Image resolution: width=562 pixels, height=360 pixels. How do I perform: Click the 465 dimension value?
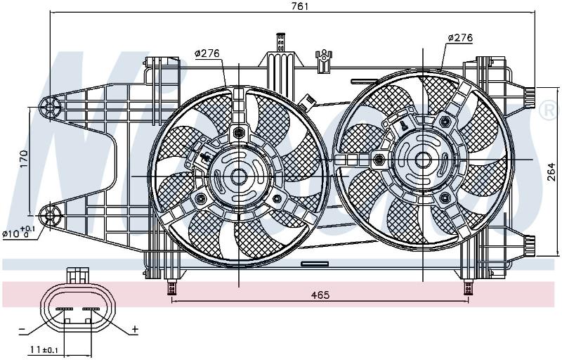[320, 295]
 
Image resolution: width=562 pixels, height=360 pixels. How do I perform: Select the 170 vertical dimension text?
[24, 158]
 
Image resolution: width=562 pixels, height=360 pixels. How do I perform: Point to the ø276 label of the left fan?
[207, 53]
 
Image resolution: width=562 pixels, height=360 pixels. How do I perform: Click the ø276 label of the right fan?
[461, 37]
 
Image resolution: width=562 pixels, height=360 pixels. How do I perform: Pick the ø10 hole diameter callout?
[19, 233]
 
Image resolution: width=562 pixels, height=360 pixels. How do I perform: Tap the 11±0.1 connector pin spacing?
[44, 349]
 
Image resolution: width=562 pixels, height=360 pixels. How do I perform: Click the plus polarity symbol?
[135, 329]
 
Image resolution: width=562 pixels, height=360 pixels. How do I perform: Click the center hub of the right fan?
[424, 160]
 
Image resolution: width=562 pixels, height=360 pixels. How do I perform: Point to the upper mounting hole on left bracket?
[50, 106]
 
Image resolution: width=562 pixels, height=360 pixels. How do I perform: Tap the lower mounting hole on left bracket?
[50, 216]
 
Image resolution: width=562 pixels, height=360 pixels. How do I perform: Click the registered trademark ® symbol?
[548, 110]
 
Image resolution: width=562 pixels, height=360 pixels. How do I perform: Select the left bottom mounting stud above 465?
[171, 287]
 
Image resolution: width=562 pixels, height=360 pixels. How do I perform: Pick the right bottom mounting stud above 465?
[467, 287]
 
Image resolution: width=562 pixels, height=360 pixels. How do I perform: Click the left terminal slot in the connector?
[64, 309]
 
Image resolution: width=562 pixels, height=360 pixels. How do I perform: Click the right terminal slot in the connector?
[91, 309]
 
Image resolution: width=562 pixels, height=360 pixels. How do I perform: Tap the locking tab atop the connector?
[77, 275]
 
